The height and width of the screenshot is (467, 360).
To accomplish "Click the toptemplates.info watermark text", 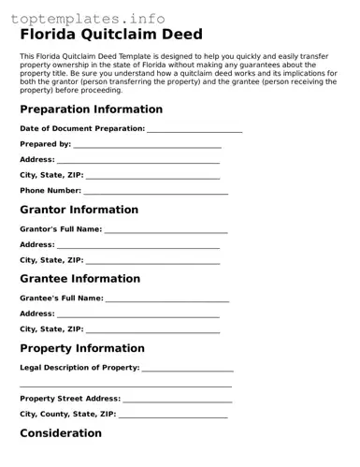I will pos(88,19).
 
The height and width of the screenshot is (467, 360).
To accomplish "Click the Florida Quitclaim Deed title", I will pos(111,36).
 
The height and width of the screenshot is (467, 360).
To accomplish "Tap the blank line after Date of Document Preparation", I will pos(194,129).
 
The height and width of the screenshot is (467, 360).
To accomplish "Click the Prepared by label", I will pos(45,144).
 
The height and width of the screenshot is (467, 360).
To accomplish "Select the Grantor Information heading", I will pos(79,210).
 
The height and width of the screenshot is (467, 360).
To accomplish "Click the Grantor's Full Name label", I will pos(61,229).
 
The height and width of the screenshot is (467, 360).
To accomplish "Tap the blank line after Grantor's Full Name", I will pos(166,230).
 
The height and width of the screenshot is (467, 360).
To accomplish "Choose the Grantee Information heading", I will pos(79,279).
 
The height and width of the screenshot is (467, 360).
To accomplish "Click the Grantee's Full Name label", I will pos(62,299).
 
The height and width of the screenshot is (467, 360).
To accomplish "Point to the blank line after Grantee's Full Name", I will pos(167,299).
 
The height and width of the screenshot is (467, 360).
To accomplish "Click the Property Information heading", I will pos(82,348).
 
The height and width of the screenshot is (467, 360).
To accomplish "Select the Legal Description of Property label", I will pos(79,368).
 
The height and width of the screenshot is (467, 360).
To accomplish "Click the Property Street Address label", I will pos(70,399).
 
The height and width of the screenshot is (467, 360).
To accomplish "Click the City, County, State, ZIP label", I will pos(68,414).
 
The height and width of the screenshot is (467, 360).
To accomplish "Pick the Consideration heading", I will pos(61,433).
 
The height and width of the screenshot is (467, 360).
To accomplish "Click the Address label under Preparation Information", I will pos(37,160).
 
